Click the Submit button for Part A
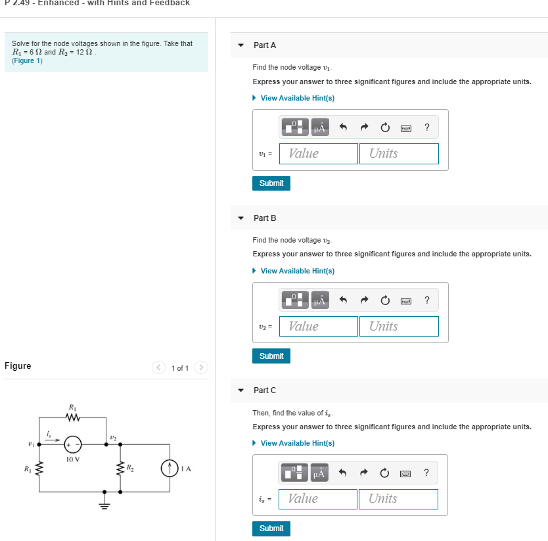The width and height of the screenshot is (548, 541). click(271, 183)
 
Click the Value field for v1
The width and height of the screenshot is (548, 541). click(319, 154)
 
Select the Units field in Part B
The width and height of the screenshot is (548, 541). click(399, 326)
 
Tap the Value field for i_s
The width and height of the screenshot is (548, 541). click(318, 499)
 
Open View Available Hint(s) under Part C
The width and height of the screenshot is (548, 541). click(297, 443)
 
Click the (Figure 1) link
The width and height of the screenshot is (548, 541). click(27, 60)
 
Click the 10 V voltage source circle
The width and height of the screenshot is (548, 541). click(73, 444)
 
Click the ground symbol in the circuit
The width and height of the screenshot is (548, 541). click(103, 503)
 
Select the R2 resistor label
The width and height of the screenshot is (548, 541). click(130, 467)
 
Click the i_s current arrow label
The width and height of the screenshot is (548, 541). click(49, 434)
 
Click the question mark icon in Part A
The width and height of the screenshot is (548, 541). click(427, 128)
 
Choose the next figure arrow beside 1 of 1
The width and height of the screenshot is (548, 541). click(202, 367)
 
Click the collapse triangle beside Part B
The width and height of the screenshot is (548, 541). click(241, 218)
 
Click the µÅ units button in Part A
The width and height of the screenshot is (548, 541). click(320, 128)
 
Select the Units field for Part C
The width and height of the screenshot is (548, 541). click(398, 499)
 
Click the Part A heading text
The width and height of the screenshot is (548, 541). click(265, 45)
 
